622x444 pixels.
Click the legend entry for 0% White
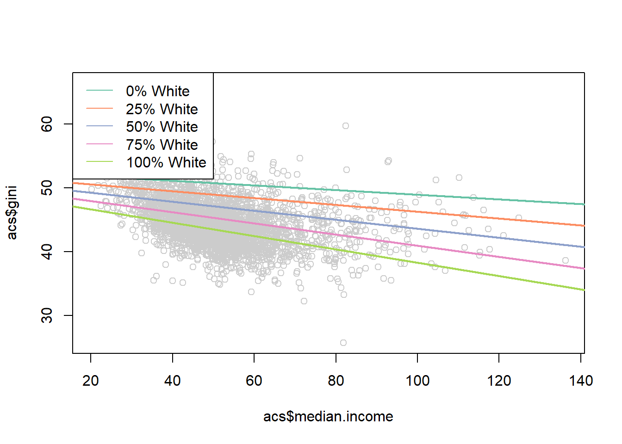(157, 91)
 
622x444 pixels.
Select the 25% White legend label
(162, 109)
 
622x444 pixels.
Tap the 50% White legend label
(162, 127)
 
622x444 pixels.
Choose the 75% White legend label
(162, 145)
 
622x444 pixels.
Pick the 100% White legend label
(166, 162)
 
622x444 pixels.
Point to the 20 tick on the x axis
(91, 381)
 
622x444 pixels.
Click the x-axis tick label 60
(254, 381)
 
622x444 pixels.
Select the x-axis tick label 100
(417, 381)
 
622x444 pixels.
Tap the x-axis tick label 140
(581, 381)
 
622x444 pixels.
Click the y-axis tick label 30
(47, 315)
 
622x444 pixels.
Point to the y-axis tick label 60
(47, 124)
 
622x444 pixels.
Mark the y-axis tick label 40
(47, 252)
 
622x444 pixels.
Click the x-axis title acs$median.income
(328, 417)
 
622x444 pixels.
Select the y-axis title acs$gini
(12, 213)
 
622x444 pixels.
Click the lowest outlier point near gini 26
(343, 343)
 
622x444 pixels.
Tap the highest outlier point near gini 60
(346, 126)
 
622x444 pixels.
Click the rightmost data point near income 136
(566, 260)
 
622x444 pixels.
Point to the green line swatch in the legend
(100, 162)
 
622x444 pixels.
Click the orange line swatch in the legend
(100, 109)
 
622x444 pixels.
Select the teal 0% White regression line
(463, 196)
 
